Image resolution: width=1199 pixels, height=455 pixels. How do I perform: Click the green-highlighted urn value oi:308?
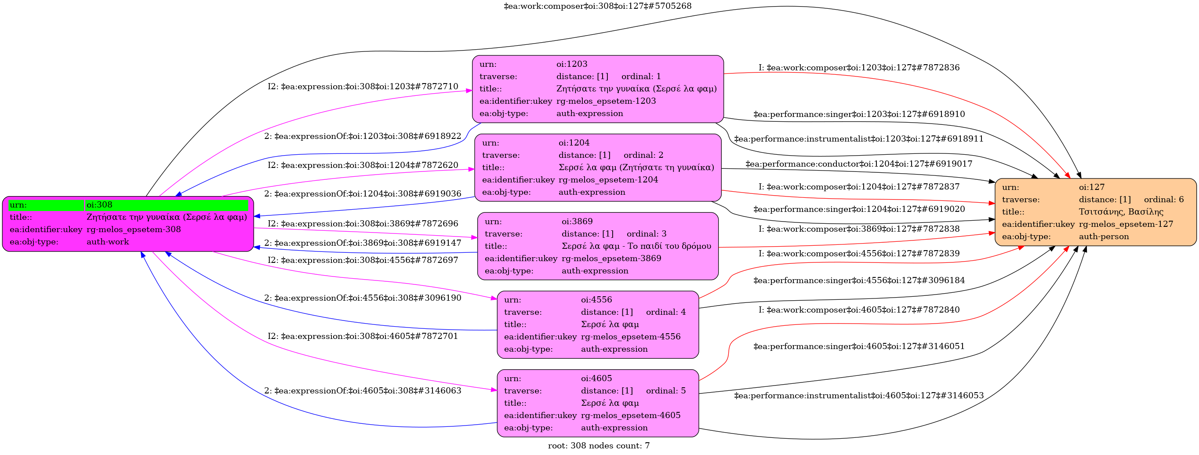(100, 205)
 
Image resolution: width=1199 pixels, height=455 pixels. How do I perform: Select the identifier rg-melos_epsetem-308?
(134, 229)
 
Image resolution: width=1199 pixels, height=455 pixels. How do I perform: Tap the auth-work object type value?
(108, 242)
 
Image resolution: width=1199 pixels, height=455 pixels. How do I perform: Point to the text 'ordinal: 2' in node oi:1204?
(643, 155)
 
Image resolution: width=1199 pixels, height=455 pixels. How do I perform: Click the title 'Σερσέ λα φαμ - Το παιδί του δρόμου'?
(636, 246)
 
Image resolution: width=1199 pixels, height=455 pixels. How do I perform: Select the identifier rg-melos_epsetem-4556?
(630, 337)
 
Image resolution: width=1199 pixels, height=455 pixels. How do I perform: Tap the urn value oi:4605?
(596, 379)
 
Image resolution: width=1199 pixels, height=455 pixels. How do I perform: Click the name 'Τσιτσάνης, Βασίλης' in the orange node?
(1121, 212)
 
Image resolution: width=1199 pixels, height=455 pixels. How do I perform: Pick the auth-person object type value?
(1104, 237)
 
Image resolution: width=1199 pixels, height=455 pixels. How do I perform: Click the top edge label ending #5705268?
(598, 6)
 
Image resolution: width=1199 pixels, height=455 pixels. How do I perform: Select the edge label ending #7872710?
(363, 87)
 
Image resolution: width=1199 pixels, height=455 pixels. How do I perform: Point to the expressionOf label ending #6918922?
(363, 136)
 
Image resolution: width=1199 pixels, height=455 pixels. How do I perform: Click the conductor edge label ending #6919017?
(859, 164)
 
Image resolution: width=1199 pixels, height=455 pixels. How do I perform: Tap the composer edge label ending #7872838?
(859, 229)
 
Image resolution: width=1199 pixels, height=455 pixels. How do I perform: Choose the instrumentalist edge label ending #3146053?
(859, 396)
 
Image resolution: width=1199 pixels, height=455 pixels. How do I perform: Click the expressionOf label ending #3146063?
(363, 391)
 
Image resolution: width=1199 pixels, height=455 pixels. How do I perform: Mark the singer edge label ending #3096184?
(859, 280)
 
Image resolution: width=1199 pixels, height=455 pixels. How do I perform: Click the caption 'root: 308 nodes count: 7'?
(599, 446)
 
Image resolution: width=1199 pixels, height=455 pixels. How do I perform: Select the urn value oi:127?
(1091, 187)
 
